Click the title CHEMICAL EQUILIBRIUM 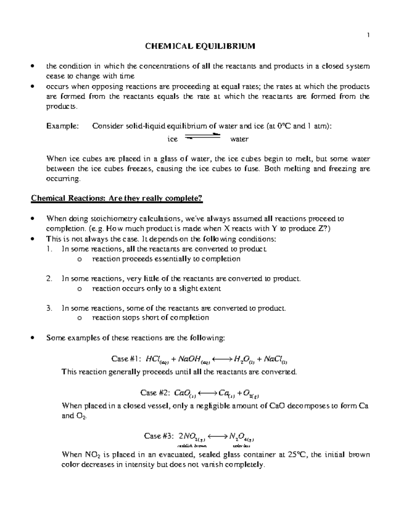point(200,46)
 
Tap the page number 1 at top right point(368,35)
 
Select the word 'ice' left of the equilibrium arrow point(172,139)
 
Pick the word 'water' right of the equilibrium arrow point(239,139)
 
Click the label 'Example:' point(62,126)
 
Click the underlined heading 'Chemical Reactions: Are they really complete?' point(117,198)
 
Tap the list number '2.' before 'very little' point(49,279)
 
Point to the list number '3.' point(49,308)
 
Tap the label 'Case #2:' point(155,393)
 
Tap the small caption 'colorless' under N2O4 point(241,446)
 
